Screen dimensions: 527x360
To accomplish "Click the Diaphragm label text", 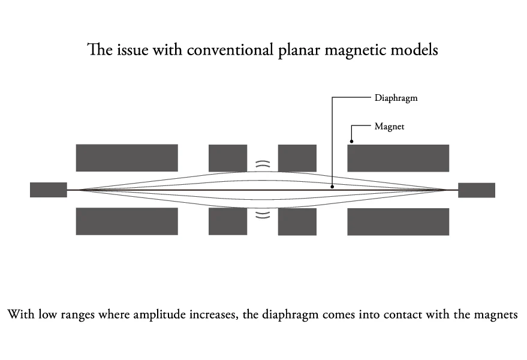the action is [396, 98].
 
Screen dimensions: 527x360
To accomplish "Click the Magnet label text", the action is [389, 127].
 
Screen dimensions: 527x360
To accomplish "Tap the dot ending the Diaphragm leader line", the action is [332, 187].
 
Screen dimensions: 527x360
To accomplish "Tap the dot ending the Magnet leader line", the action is [351, 142].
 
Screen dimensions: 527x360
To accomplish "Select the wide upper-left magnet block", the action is [127, 158].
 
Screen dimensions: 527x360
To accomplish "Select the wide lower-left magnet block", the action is [127, 221].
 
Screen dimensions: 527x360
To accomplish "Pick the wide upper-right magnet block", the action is [398, 158].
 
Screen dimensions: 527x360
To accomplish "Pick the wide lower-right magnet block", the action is [398, 222].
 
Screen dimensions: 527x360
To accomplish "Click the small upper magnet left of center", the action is [228, 158].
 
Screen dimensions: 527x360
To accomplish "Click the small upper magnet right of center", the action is [297, 158].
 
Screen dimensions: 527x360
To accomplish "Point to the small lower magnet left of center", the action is [228, 221].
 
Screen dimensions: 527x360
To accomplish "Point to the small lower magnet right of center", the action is [297, 222].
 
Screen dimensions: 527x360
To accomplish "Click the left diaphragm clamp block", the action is [49, 190].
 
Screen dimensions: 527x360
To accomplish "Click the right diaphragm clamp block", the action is [477, 190].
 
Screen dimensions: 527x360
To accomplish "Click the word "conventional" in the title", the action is [230, 50].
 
